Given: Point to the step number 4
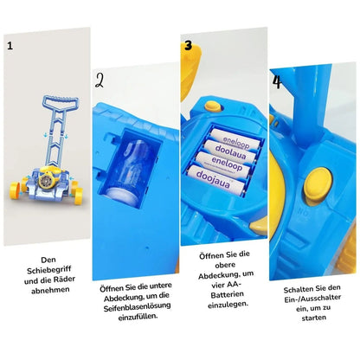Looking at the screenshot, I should click(x=276, y=80).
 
